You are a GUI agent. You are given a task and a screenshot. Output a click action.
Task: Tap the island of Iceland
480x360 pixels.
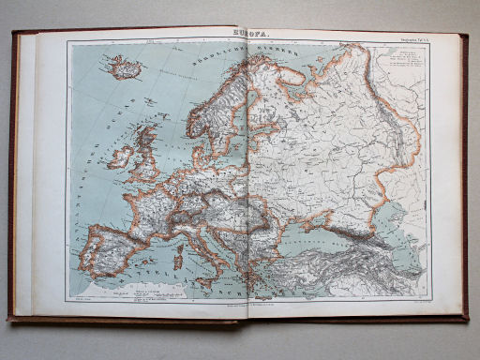pyautogui.click(x=124, y=66)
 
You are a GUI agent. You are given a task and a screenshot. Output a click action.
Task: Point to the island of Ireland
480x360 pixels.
pyautogui.click(x=118, y=156)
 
